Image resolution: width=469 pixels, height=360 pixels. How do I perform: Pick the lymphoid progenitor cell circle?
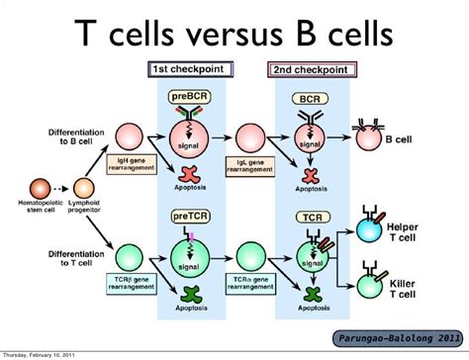(78, 185)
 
